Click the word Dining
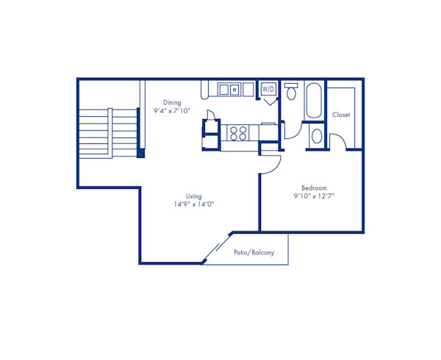[x=172, y=103]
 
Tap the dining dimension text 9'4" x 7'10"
[x=172, y=112]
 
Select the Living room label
[x=194, y=196]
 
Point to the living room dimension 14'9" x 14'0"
[x=194, y=205]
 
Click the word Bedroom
[x=314, y=187]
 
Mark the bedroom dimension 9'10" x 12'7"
[x=314, y=196]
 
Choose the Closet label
[x=340, y=115]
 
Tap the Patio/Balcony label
[x=254, y=253]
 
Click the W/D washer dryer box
[x=268, y=90]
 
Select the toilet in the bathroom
[x=291, y=92]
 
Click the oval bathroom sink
[x=316, y=136]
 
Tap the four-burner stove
[x=239, y=133]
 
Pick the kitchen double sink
[x=228, y=90]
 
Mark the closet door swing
[x=340, y=142]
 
